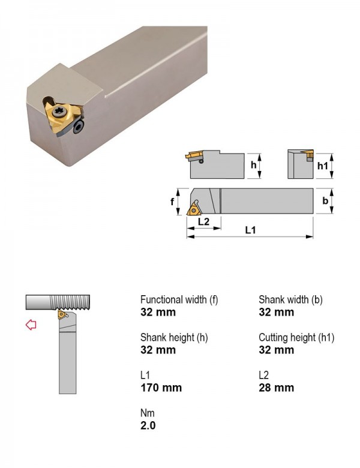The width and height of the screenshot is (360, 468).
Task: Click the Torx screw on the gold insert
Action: tap(58, 112)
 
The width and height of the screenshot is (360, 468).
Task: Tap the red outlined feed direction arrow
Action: tap(31, 325)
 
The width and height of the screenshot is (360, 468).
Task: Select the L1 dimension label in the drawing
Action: tap(251, 230)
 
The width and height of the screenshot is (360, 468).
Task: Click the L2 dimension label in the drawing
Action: tap(203, 221)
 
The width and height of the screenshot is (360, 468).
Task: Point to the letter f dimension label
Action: tap(172, 202)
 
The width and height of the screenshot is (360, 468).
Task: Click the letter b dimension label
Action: tap(325, 201)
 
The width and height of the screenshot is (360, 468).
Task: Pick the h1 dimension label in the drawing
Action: tap(322, 166)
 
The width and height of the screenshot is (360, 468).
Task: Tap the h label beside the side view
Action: tap(253, 165)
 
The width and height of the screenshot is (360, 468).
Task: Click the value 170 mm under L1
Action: tap(161, 388)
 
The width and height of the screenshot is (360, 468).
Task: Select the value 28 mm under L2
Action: tap(277, 388)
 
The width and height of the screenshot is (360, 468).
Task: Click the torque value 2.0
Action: tap(148, 425)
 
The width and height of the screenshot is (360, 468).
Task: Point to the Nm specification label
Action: tap(148, 413)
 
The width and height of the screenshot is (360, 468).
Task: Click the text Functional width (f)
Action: tap(179, 299)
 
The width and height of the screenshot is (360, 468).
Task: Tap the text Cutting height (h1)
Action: tap(296, 337)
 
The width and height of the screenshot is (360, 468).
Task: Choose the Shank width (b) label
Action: tap(290, 299)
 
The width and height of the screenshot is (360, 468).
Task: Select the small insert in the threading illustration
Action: tap(62, 314)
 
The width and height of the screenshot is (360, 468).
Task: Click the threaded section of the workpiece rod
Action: tap(70, 302)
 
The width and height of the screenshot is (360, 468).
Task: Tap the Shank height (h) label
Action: tap(174, 337)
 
